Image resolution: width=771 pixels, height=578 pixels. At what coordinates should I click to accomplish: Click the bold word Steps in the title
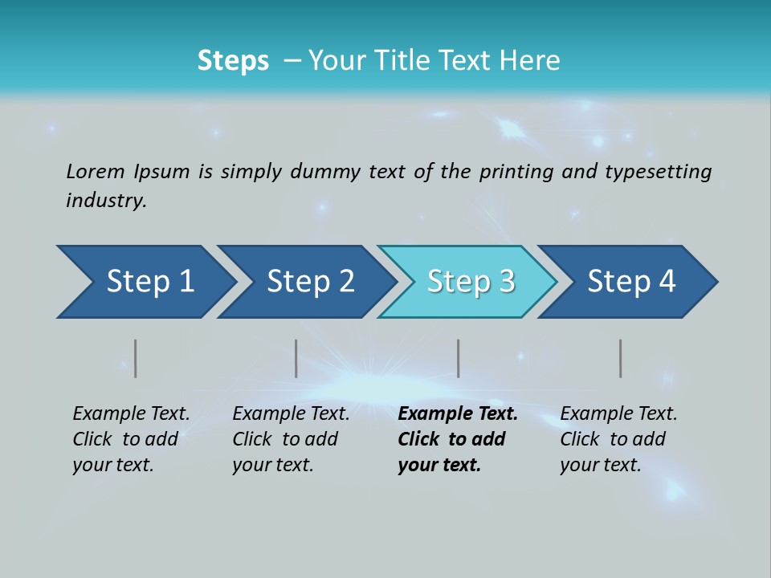pyautogui.click(x=233, y=61)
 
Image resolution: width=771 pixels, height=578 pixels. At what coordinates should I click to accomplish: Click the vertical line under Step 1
pyautogui.click(x=136, y=358)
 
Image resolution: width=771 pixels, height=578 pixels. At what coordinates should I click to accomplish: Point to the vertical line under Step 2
pyautogui.click(x=296, y=358)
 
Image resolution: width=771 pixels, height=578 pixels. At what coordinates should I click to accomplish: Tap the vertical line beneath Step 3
pyautogui.click(x=459, y=358)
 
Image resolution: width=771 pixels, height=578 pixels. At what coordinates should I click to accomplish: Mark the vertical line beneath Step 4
pyautogui.click(x=621, y=358)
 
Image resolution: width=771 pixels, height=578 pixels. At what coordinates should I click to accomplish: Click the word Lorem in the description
pyautogui.click(x=96, y=171)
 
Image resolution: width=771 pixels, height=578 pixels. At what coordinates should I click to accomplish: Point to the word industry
pyautogui.click(x=106, y=201)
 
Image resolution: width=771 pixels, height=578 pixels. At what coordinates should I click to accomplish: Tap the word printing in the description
pyautogui.click(x=516, y=172)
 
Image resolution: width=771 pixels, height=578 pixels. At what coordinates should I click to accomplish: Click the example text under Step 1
pyautogui.click(x=131, y=439)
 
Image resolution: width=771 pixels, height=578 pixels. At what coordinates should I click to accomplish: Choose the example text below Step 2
pyautogui.click(x=291, y=439)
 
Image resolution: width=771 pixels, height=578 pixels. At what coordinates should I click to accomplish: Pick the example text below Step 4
pyautogui.click(x=618, y=439)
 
